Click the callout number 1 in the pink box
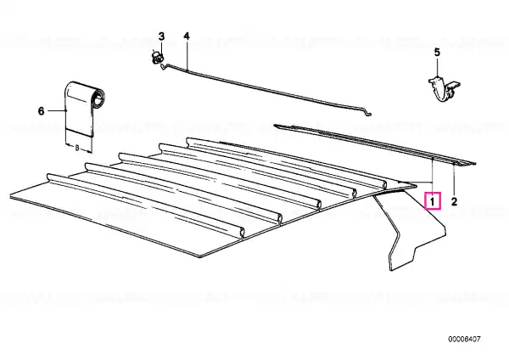(433, 201)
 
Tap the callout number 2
(454, 201)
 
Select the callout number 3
(161, 37)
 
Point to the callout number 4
(187, 36)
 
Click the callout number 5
(437, 52)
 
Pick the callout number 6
(41, 111)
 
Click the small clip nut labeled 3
(158, 58)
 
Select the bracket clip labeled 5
(444, 88)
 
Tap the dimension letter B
(77, 148)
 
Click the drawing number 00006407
(464, 340)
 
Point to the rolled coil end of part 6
(98, 98)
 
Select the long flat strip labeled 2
(375, 144)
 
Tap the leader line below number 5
(437, 67)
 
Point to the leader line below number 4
(187, 55)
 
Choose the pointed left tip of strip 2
(275, 126)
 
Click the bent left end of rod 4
(164, 66)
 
